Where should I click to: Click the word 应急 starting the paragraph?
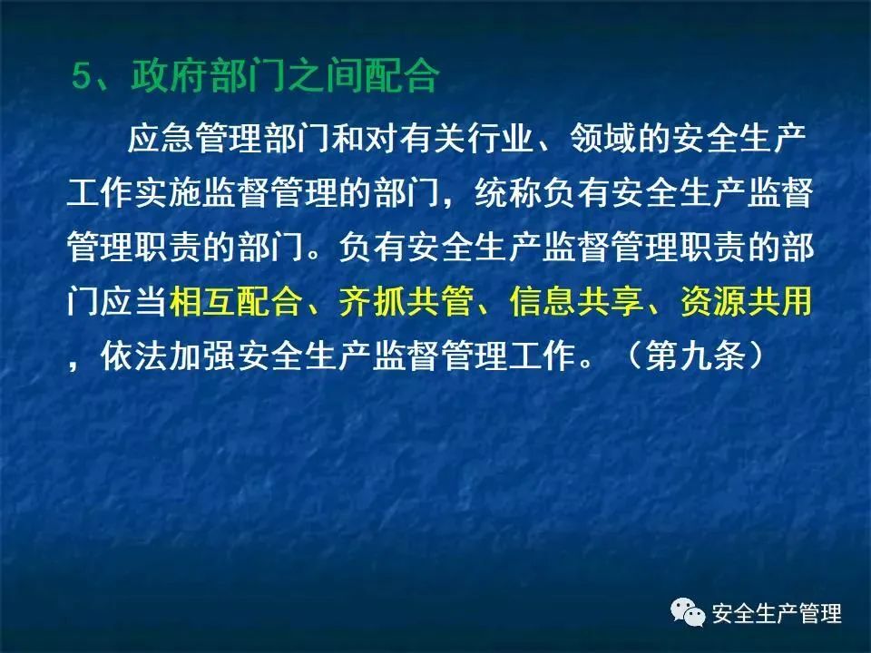point(161,138)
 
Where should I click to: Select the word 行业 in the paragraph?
point(500,138)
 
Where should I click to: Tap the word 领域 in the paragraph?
point(603,138)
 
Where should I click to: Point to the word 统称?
point(508,192)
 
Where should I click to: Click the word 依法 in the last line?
point(134,356)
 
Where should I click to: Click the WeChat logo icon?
point(689,612)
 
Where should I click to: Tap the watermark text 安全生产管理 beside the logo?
point(778,614)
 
